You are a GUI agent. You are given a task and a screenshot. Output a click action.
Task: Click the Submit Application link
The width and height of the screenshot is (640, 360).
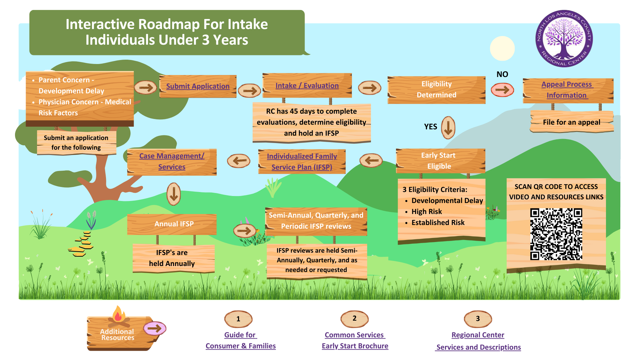point(198,86)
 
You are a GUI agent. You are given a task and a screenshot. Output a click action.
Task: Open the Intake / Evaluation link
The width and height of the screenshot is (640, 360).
point(307,86)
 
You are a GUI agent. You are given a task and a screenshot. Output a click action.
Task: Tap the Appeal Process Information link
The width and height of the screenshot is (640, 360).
point(567,90)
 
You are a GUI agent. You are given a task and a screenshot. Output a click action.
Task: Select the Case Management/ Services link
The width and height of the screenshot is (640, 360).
point(172,161)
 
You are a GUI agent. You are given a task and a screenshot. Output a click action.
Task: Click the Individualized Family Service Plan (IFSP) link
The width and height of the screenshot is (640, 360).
point(302,162)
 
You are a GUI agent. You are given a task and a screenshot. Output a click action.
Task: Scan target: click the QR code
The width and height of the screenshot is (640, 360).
point(556,234)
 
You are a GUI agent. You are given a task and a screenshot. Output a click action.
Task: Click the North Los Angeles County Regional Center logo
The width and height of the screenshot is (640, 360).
point(564,38)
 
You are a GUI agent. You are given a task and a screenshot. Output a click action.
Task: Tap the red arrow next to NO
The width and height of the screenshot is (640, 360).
point(502,89)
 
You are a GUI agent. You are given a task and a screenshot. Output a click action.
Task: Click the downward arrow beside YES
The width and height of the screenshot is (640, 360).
point(448,127)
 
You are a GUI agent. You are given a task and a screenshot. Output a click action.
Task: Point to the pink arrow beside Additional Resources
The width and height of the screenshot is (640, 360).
point(155,329)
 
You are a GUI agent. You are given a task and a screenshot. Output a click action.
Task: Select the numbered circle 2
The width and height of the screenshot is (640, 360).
point(354,319)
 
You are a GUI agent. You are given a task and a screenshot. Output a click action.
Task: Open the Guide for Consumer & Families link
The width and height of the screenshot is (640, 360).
point(240,340)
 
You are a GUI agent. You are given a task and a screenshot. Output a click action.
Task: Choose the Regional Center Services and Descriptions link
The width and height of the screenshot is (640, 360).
point(478,341)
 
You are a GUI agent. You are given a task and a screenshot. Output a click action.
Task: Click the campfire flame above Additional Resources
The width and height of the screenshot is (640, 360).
point(118,314)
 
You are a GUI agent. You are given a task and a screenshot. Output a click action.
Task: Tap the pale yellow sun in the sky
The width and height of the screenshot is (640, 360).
point(502,49)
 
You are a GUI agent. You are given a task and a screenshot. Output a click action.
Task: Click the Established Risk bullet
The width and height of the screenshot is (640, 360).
point(438,223)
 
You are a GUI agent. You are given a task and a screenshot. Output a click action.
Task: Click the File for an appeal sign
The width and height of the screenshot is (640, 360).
point(571,122)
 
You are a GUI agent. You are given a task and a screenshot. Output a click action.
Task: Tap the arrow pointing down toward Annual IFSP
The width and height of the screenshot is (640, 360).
point(174,194)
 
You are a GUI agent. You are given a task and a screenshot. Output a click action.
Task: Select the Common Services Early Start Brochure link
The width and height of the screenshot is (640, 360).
point(355,340)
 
